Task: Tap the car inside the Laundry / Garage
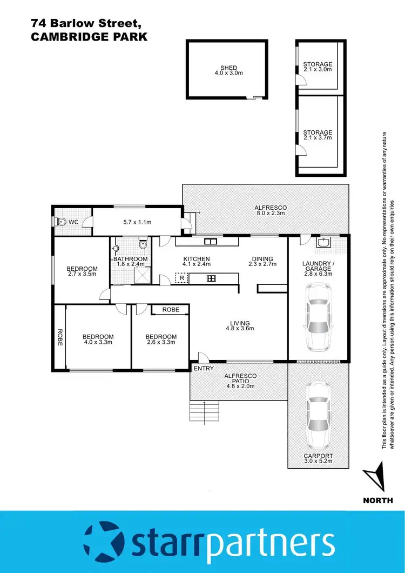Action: click(318, 318)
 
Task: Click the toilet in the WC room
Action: click(61, 221)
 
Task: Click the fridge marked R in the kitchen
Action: click(182, 278)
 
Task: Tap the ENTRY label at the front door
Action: click(204, 368)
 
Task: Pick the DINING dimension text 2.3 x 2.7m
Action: click(262, 265)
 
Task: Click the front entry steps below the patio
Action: click(204, 412)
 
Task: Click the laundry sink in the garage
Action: click(325, 244)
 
